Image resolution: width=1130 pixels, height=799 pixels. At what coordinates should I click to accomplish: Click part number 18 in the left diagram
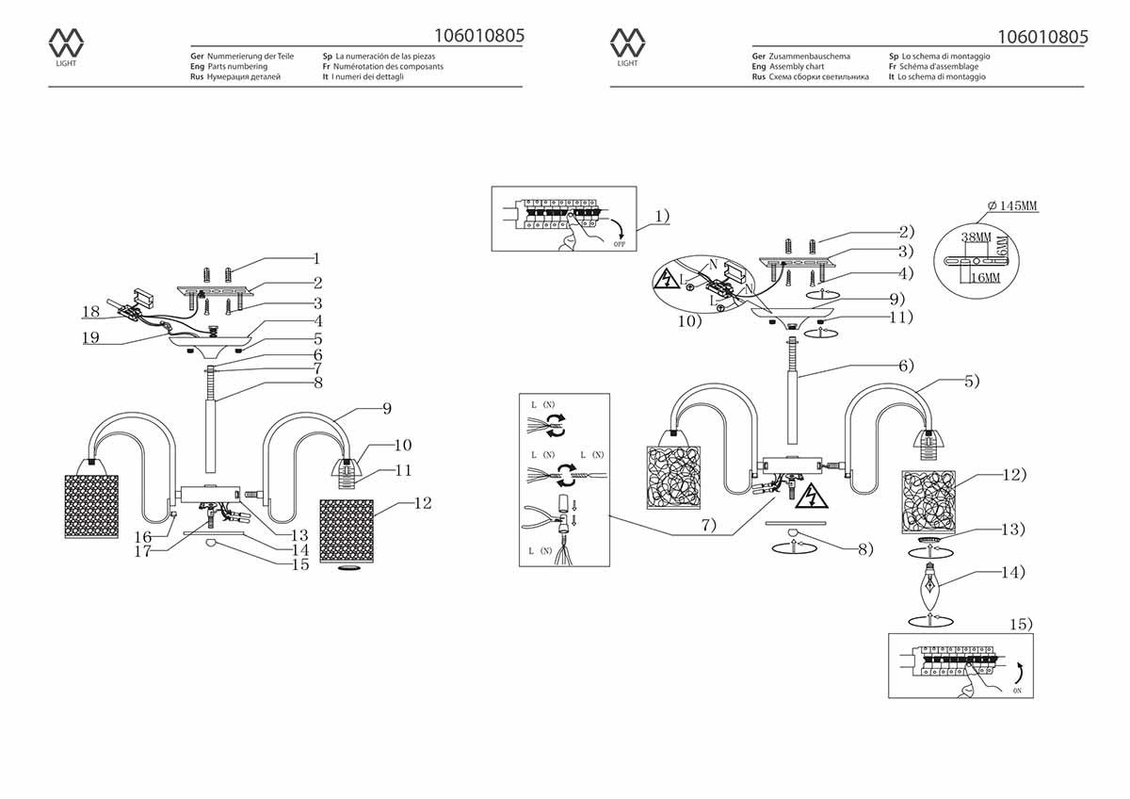point(90,311)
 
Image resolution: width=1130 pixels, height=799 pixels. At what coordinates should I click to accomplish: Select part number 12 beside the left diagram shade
point(423,503)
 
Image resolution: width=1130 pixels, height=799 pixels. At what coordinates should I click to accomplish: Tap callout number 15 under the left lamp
point(300,565)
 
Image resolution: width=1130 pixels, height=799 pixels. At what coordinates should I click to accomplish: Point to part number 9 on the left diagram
point(386,409)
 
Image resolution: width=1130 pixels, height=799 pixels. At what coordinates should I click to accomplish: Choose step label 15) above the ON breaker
point(1020,624)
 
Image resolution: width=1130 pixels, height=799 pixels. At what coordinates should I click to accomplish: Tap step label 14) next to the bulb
point(1013,572)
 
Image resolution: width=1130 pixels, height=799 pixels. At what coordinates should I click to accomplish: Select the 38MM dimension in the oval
point(977,236)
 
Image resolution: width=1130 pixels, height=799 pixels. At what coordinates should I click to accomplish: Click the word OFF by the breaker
point(619,244)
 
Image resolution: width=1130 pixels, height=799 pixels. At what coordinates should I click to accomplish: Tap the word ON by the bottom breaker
point(1017,691)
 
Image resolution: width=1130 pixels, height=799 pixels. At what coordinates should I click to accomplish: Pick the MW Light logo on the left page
point(66,46)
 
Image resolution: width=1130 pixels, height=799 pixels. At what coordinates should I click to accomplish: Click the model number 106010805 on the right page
point(1041,37)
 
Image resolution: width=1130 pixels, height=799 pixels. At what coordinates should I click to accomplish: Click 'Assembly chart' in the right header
point(797,67)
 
